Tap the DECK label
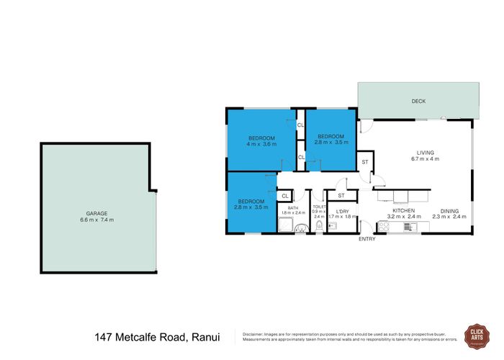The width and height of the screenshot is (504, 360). point(418,102)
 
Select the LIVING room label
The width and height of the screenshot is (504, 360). point(423,152)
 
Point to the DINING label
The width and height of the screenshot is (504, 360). point(449,210)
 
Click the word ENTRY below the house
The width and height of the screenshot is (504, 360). point(366,239)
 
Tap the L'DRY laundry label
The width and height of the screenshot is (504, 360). point(341,210)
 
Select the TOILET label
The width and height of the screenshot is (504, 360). point(319,206)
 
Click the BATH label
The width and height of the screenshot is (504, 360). point(292,207)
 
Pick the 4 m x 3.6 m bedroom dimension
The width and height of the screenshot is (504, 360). point(261,144)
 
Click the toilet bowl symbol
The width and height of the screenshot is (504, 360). point(318,228)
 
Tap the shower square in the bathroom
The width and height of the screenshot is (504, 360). point(286,225)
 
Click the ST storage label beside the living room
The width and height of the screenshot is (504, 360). point(365,162)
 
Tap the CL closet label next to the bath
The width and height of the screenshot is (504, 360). point(285,195)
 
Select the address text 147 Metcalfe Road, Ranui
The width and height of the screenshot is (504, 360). point(156,337)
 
